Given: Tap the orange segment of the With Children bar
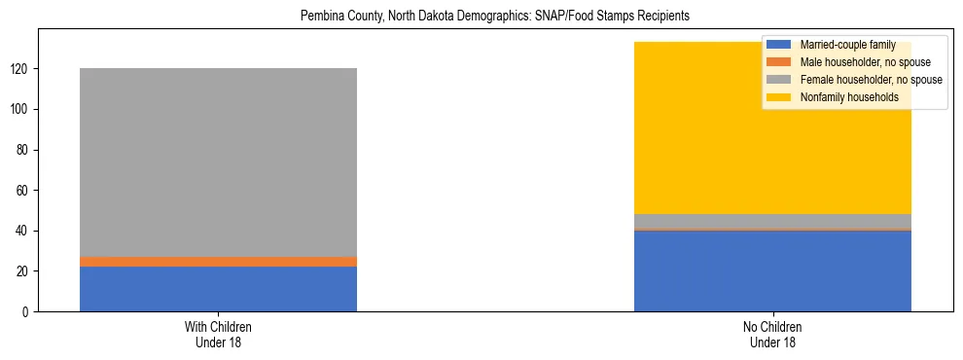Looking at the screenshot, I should point(218,262).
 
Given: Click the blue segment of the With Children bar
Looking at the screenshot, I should point(218,289).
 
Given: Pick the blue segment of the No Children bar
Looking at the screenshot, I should point(772,271).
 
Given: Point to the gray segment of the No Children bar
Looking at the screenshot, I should point(772,221).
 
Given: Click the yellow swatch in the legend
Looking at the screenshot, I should point(779,97).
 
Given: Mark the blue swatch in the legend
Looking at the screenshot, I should point(779,45).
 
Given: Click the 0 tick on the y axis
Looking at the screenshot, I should point(33,311).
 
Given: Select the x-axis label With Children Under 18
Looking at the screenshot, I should point(218,334).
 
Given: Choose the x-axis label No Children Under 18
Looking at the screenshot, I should point(772,334).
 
